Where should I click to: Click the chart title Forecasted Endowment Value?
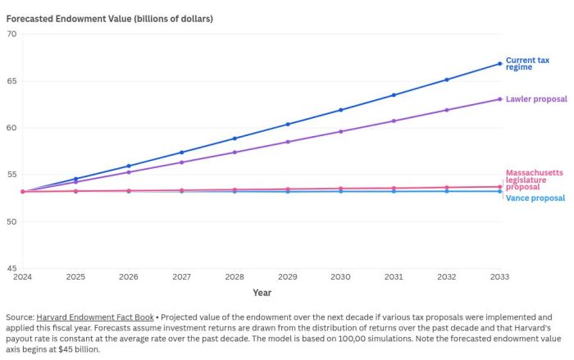[109, 18]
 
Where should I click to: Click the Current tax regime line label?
[527, 64]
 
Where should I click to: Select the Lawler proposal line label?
[536, 99]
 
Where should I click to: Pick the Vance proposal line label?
[535, 198]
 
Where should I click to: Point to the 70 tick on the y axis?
[11, 34]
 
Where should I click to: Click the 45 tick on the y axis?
[11, 269]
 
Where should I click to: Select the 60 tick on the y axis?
[11, 128]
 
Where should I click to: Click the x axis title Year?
[262, 293]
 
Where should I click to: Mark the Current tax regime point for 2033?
[499, 64]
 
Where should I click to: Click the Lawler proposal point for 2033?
[499, 99]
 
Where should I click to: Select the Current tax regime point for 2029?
[287, 125]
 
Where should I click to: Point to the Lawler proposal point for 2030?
[340, 131]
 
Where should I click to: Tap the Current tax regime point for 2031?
[394, 95]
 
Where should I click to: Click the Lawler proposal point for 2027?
[181, 162]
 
